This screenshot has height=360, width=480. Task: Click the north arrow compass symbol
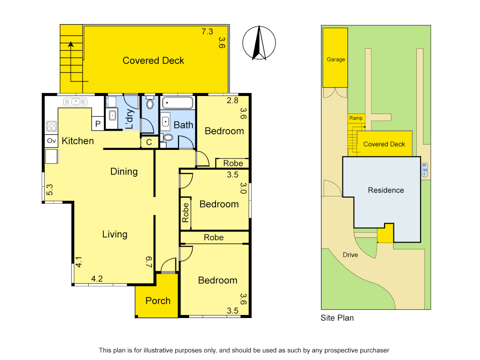(x=259, y=43)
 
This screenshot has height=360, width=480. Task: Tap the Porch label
(x=158, y=301)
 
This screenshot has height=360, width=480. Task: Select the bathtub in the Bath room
(x=177, y=103)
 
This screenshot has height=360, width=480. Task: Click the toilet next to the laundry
(x=150, y=104)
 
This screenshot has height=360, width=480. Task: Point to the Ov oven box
(x=51, y=141)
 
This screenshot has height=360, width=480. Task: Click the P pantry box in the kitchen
(x=98, y=124)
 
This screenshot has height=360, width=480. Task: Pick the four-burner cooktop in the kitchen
(x=52, y=126)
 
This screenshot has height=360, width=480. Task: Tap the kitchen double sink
(x=75, y=102)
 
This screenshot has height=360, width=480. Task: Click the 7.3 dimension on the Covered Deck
(x=207, y=32)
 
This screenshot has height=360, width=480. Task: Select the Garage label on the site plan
(x=336, y=59)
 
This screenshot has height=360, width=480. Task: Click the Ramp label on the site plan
(x=356, y=118)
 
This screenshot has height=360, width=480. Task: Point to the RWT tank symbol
(x=425, y=170)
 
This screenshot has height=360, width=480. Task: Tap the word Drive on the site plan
(x=350, y=255)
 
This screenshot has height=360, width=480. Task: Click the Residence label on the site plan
(x=386, y=190)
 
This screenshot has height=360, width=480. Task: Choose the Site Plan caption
(x=337, y=318)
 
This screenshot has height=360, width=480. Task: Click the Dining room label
(x=124, y=172)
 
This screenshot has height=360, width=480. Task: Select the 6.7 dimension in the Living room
(x=149, y=262)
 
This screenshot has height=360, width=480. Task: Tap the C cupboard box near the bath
(x=149, y=142)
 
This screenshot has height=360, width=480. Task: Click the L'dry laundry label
(x=129, y=119)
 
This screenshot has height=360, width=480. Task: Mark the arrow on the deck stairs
(x=71, y=44)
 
